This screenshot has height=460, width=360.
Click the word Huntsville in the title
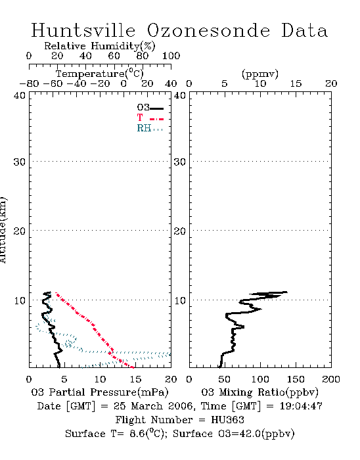[x=83, y=30]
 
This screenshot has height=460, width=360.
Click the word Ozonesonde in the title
[x=208, y=30]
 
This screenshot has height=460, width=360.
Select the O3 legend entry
[x=150, y=108]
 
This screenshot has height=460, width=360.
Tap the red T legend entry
[x=150, y=118]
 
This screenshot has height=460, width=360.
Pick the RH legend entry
[x=150, y=128]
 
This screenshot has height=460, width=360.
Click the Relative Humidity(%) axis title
[x=100, y=46]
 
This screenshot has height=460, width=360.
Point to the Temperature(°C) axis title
[x=100, y=74]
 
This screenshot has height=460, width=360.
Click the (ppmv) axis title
[x=260, y=74]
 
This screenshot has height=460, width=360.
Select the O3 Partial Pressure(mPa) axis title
[x=100, y=392]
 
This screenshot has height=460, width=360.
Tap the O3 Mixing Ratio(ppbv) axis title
[x=259, y=392]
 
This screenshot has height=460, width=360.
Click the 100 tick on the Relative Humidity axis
[x=171, y=56]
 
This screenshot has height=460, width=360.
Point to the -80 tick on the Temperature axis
[x=29, y=84]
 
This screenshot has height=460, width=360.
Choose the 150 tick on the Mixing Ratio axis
[x=296, y=379]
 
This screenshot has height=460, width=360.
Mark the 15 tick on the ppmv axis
[x=296, y=84]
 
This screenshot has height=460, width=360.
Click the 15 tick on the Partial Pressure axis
[x=135, y=379]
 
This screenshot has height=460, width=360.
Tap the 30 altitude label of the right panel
[x=180, y=162]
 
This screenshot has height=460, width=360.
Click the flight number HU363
[x=227, y=420]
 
